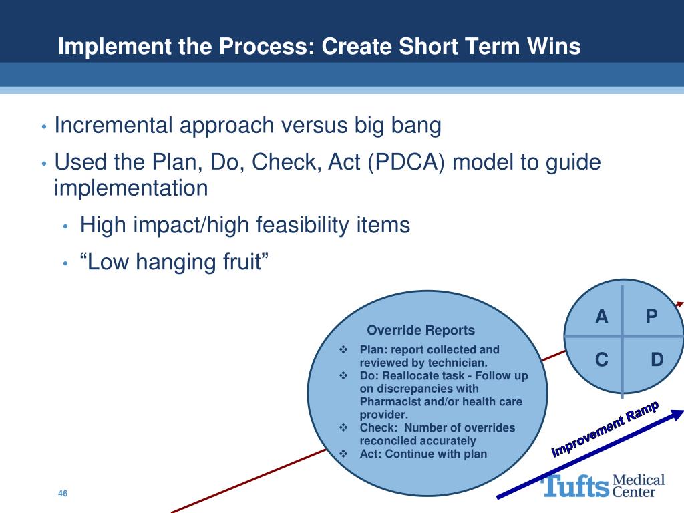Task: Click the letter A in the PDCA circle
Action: tap(602, 317)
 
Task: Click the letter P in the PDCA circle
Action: tap(652, 317)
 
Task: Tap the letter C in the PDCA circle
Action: tap(602, 361)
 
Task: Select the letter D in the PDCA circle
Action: tap(657, 361)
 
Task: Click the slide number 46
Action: tap(63, 494)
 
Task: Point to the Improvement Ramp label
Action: tap(605, 429)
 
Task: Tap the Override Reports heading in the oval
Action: tap(421, 330)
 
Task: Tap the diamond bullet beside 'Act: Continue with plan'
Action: tap(343, 454)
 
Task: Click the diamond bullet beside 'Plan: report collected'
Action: tap(343, 349)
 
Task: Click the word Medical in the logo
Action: tap(639, 480)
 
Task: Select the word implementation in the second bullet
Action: tap(131, 188)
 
